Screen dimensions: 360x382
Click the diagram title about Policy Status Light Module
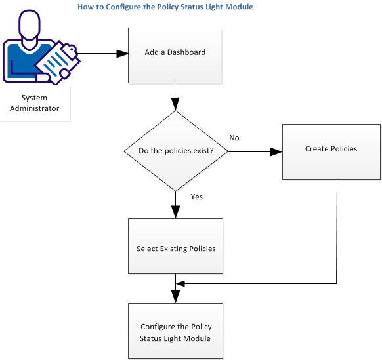(165, 7)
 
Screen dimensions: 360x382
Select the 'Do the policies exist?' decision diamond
(175, 151)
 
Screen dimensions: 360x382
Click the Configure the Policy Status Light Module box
(175, 331)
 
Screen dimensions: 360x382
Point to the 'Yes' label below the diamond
(196, 196)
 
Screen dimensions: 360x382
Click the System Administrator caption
(34, 103)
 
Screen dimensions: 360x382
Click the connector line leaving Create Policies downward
(337, 230)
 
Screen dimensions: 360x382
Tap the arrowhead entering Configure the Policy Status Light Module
(175, 297)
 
